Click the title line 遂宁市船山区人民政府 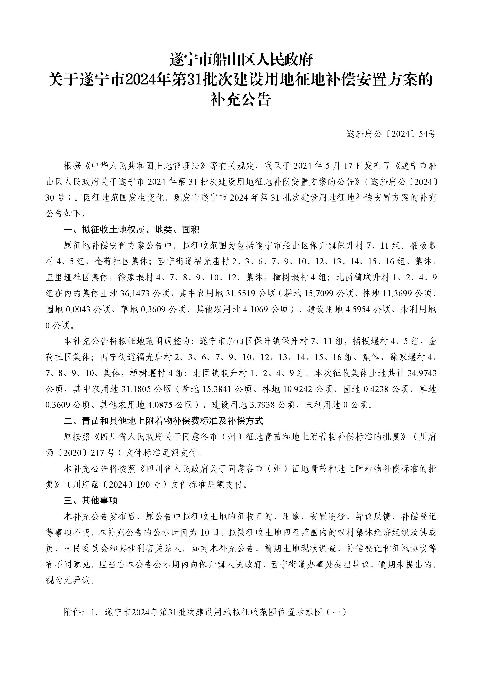[241, 60]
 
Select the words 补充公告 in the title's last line [241, 100]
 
